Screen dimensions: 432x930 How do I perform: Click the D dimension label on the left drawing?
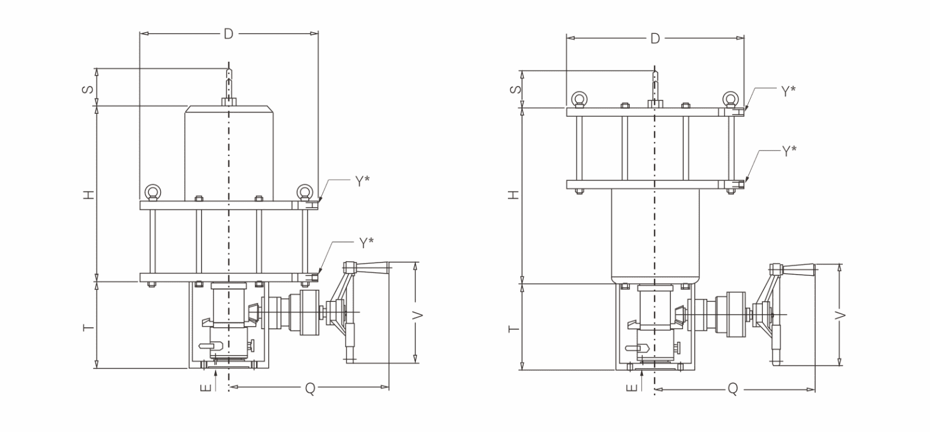pos(228,34)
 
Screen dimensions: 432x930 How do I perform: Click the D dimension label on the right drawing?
pos(655,38)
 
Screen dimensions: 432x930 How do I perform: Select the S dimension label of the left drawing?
pos(88,88)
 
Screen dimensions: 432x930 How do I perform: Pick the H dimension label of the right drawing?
pos(512,194)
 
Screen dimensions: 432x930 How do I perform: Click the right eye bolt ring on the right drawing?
pos(731,99)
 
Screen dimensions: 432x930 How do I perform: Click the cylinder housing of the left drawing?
pos(228,151)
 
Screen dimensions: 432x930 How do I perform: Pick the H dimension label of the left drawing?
pos(88,194)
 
